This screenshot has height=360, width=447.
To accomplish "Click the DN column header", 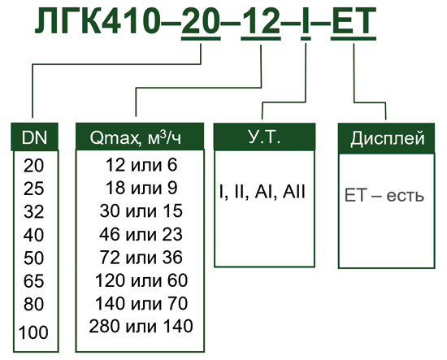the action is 34,137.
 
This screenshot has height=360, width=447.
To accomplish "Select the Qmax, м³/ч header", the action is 140,137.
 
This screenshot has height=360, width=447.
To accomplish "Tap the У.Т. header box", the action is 265,137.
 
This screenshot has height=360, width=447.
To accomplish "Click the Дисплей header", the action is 387,138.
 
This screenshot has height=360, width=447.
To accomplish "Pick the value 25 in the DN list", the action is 33,189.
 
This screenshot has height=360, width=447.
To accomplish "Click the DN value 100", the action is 33,332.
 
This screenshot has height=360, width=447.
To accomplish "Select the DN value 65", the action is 33,281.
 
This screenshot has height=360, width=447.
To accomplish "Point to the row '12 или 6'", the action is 141,165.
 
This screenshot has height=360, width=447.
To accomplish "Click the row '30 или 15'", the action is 141,211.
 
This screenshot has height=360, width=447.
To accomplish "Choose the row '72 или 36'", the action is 141,257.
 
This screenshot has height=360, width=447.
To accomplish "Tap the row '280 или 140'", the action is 141,326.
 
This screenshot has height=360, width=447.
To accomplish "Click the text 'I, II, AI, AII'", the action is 263,192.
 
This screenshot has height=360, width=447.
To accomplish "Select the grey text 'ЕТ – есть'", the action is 384,196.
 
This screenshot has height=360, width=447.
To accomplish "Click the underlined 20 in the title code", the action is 201,21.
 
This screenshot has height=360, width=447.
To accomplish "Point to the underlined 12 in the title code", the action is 261,21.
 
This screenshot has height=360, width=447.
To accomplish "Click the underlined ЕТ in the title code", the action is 354,21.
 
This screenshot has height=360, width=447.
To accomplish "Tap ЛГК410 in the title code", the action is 97,20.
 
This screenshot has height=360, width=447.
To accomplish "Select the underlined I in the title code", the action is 306,21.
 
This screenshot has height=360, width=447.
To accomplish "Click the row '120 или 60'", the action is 141,280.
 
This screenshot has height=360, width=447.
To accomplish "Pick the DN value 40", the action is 33,235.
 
